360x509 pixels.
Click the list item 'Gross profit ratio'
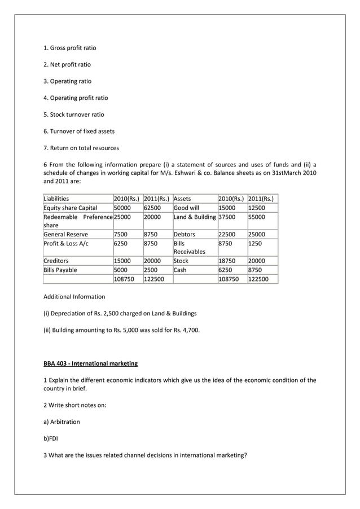(x=69, y=48)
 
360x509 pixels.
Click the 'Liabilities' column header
(x=56, y=199)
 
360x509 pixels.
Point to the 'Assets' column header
(x=182, y=199)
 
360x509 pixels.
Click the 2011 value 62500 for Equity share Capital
(x=152, y=208)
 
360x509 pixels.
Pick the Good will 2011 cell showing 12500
(x=257, y=208)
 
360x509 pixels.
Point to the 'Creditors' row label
(x=56, y=261)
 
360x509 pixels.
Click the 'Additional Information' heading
(x=74, y=297)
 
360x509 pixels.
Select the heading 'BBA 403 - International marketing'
(x=90, y=363)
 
